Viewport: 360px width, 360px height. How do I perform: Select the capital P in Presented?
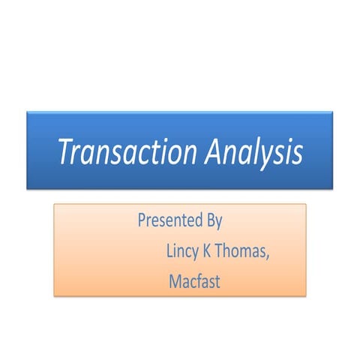click(142, 221)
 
